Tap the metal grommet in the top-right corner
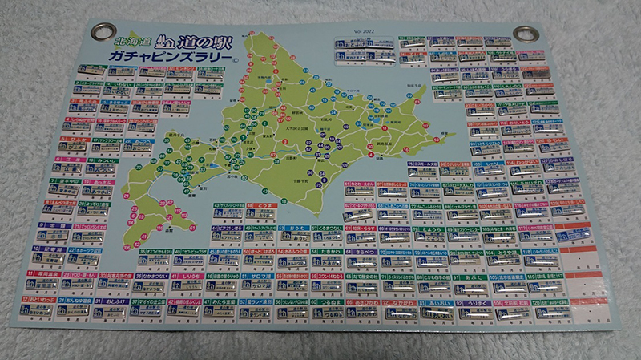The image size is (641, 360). pyautogui.click(x=530, y=33)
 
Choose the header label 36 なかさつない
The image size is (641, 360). pyautogui.click(x=154, y=276)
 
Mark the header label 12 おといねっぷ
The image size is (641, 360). pyautogui.click(x=38, y=301)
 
